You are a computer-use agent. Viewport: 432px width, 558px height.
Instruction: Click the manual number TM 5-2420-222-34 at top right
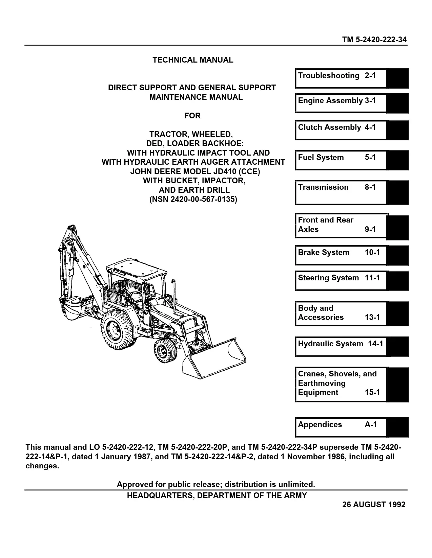(x=374, y=40)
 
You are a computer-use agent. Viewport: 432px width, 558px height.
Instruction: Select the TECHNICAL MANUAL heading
(x=193, y=60)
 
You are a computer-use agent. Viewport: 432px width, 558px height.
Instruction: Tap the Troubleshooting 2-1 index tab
(x=340, y=78)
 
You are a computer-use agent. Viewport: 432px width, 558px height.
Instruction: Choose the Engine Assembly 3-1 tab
(x=340, y=103)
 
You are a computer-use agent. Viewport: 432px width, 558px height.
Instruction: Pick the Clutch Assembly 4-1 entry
(x=340, y=130)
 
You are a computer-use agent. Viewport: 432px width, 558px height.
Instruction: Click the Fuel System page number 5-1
(x=370, y=158)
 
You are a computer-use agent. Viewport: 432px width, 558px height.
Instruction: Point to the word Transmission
(x=323, y=187)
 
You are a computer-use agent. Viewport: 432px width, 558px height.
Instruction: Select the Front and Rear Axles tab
(x=340, y=225)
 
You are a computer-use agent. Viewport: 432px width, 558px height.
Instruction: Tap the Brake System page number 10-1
(x=372, y=253)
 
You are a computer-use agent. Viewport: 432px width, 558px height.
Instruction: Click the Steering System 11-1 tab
(x=340, y=280)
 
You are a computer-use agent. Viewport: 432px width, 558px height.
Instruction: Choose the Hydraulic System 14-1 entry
(x=340, y=346)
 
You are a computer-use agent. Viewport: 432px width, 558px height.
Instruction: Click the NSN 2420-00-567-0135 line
(x=193, y=200)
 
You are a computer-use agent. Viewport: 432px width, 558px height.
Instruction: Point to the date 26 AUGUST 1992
(x=374, y=505)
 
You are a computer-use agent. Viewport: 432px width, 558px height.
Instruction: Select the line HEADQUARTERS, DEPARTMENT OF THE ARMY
(x=217, y=496)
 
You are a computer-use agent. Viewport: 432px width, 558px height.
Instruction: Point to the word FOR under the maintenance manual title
(x=192, y=116)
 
